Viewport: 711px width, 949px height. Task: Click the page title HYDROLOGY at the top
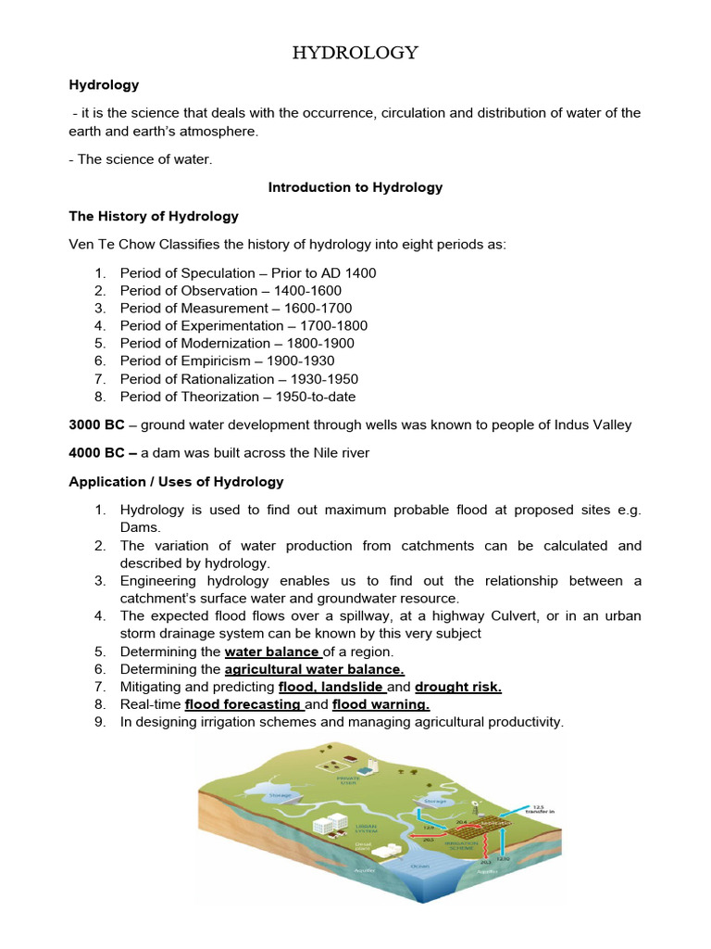pyautogui.click(x=355, y=53)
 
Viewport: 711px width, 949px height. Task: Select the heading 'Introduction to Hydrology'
pyautogui.click(x=355, y=187)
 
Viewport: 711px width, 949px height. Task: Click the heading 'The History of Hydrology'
pyautogui.click(x=154, y=216)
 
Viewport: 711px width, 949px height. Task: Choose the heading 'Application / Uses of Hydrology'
pyautogui.click(x=177, y=482)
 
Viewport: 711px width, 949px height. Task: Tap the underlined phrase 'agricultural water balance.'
pyautogui.click(x=315, y=669)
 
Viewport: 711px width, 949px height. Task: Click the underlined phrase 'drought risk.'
pyautogui.click(x=458, y=687)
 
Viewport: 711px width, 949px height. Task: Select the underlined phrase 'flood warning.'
pyautogui.click(x=380, y=704)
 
